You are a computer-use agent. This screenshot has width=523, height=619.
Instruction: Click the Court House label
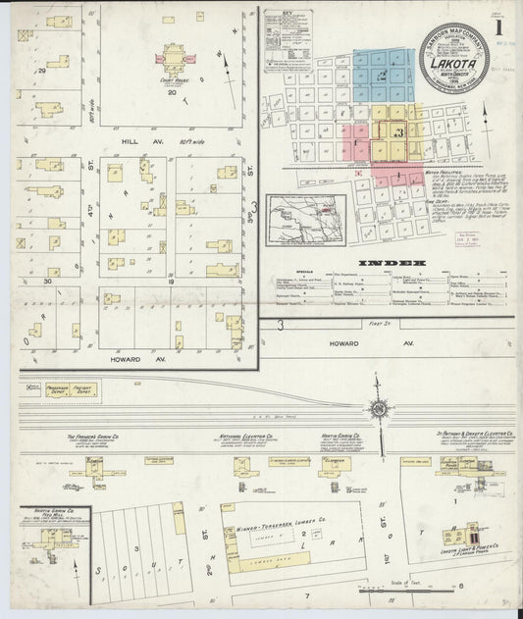coord(173,79)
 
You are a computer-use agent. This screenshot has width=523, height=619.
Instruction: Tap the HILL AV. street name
coord(131,141)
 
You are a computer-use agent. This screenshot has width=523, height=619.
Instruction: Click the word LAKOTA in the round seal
coord(452,65)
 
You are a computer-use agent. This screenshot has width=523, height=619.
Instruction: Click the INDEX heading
coord(392,263)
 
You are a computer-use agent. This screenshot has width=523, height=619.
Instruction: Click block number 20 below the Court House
coord(171,95)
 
